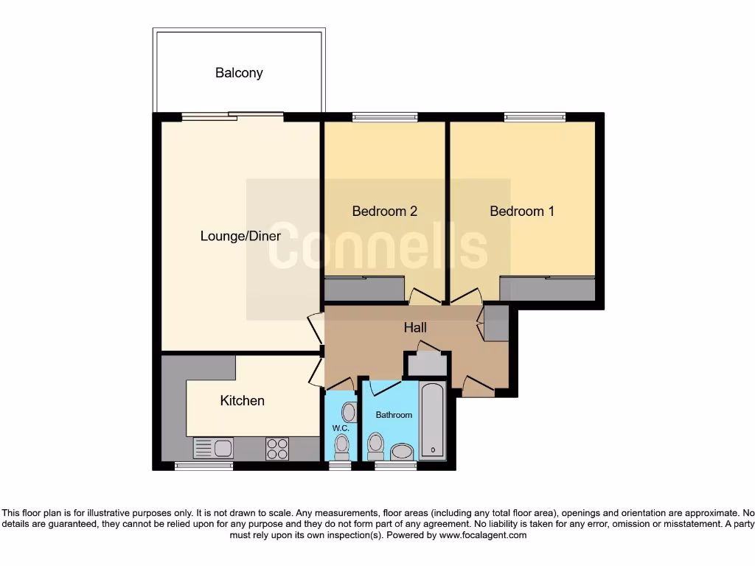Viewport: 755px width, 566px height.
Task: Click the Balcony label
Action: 239,73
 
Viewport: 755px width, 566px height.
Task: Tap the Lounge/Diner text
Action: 240,236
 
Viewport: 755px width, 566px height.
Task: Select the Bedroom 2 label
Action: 385,211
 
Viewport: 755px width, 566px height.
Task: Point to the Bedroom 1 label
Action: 522,211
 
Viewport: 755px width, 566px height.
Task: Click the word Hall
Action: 415,327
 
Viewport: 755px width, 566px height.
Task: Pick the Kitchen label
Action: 243,400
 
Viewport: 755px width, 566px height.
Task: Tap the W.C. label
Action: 340,428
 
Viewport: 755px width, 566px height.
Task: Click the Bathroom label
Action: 394,415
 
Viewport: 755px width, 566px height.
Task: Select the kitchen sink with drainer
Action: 213,447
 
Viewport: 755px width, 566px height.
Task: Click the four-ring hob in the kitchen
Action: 277,448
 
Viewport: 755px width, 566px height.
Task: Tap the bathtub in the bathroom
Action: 433,420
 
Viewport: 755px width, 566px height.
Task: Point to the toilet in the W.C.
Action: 341,445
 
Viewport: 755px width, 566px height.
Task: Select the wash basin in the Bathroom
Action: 402,451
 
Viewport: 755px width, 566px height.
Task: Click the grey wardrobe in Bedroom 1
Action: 547,288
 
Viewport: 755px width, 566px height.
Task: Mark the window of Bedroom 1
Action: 535,116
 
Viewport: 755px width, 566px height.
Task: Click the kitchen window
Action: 203,466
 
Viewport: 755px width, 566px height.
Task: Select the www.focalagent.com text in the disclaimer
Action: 483,535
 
